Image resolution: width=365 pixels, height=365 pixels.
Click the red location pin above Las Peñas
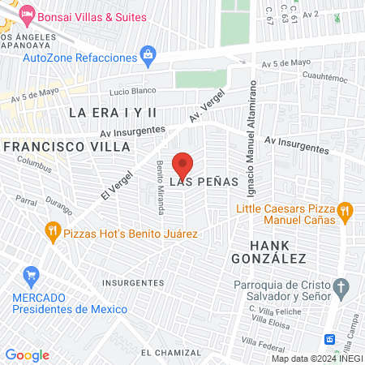(x=182, y=163)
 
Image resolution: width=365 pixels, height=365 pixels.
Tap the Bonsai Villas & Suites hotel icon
(x=28, y=14)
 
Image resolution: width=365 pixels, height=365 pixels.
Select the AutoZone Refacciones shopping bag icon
(x=148, y=54)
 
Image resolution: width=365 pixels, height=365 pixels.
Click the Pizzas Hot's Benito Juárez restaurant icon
(x=54, y=230)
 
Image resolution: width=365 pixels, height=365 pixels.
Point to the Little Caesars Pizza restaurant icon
(x=345, y=212)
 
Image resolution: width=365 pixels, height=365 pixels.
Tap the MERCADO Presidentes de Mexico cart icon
(x=32, y=276)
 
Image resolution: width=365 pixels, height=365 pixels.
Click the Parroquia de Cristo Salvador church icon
(x=341, y=287)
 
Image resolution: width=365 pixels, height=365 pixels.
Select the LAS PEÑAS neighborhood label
(x=204, y=182)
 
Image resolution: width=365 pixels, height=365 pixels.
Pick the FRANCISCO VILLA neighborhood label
(x=67, y=147)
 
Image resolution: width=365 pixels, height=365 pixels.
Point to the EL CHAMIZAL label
(x=170, y=353)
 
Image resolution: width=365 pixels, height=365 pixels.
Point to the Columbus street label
(x=34, y=167)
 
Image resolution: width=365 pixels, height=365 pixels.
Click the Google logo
(x=28, y=354)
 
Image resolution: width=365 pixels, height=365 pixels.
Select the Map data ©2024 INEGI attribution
(x=316, y=359)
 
